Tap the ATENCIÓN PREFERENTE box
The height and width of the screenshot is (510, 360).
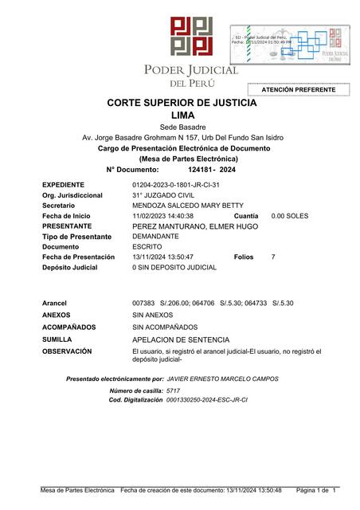click(298, 90)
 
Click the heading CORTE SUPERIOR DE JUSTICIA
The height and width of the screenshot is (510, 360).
click(182, 104)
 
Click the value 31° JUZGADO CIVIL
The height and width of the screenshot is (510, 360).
click(163, 195)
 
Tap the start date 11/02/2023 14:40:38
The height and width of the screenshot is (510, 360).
click(163, 216)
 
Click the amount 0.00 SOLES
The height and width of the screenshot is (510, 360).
click(290, 216)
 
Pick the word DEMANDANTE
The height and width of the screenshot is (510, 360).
click(155, 237)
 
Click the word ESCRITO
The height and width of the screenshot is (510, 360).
click(147, 247)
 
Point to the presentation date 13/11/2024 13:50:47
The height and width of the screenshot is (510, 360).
click(163, 257)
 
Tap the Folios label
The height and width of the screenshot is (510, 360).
click(245, 257)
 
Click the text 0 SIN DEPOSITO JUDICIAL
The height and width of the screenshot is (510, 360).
click(174, 268)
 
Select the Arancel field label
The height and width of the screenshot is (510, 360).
click(54, 304)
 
